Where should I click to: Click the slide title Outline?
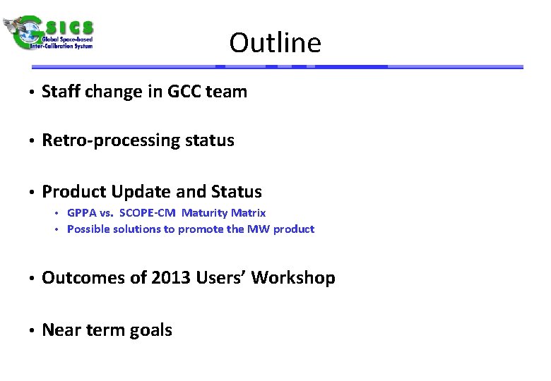point(275,43)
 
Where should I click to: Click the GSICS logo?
point(49,32)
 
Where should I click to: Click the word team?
point(227,92)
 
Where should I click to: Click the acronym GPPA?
point(83,212)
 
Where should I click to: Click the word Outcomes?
point(82,278)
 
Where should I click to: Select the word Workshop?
point(293,278)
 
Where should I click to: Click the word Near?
point(59,330)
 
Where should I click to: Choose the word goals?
point(150,330)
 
